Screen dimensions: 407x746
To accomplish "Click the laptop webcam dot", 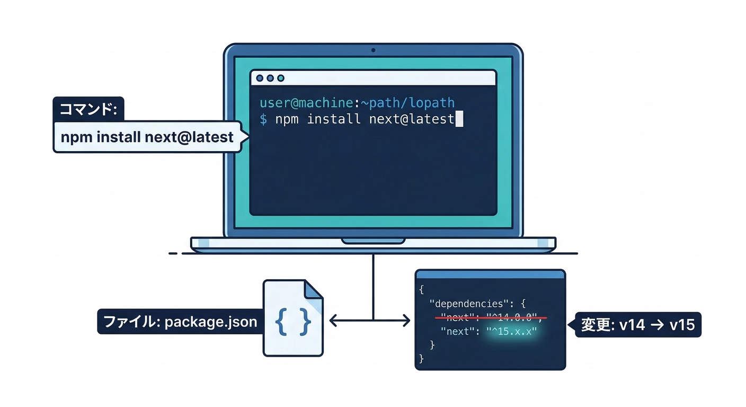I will coord(373,50).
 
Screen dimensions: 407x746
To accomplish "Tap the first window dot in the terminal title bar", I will coord(260,78).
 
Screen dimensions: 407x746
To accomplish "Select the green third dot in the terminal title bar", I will coord(281,78).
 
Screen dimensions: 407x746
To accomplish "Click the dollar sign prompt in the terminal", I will coord(263,119).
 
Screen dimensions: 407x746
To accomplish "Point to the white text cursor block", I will coord(459,119).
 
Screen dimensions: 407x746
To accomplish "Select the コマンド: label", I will coord(88,110).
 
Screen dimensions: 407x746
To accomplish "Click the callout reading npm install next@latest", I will coord(147,137).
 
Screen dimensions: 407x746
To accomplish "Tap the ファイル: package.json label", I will coord(180,322).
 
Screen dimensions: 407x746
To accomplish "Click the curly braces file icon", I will coord(293,321).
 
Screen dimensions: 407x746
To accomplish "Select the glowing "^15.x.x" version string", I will coord(512,331).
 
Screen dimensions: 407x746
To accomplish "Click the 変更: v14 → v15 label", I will coord(638,324).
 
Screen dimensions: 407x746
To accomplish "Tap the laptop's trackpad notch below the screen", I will coord(373,241).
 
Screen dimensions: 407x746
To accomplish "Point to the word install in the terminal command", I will coord(334,119).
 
